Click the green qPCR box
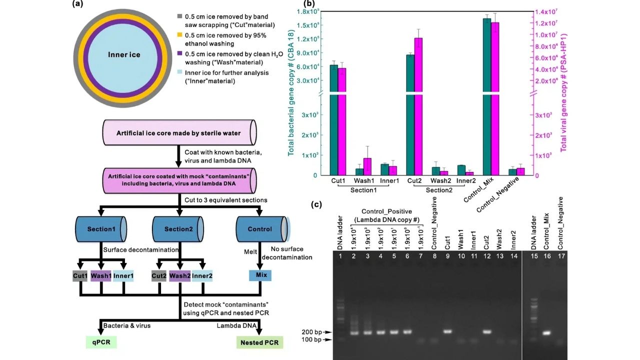[101, 342]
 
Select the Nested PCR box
[259, 342]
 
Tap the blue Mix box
[260, 275]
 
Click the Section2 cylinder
[178, 229]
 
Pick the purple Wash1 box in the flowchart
[101, 276]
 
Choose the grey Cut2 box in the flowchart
[159, 276]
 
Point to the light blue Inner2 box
[202, 276]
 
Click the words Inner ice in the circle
[124, 55]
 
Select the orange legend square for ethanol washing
[179, 35]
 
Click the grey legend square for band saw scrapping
[179, 16]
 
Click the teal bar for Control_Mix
[487, 97]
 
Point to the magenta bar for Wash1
[367, 166]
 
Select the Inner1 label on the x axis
[389, 181]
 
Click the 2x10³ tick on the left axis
[310, 135]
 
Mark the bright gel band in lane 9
[447, 331]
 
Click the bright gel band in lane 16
[547, 333]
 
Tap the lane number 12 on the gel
[487, 256]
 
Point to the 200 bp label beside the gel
[311, 332]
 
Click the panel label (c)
[316, 204]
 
